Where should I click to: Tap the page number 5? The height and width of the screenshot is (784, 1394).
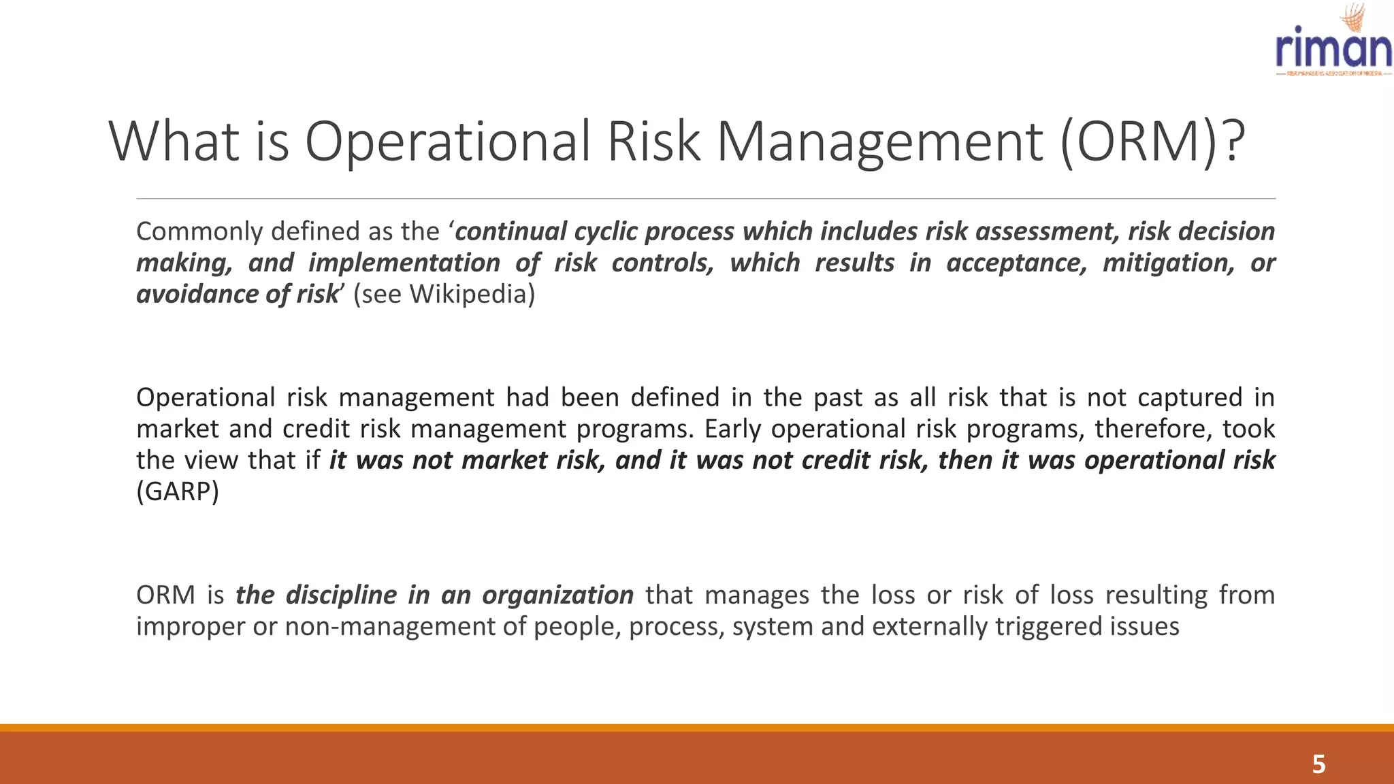coord(1318,764)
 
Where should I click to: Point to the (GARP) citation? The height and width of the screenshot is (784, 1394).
coord(178,491)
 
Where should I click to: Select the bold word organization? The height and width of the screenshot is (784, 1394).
coord(557,595)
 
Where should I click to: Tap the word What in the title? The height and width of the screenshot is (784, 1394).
coord(174,142)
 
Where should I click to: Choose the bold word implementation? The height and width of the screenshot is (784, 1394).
coord(404,263)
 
